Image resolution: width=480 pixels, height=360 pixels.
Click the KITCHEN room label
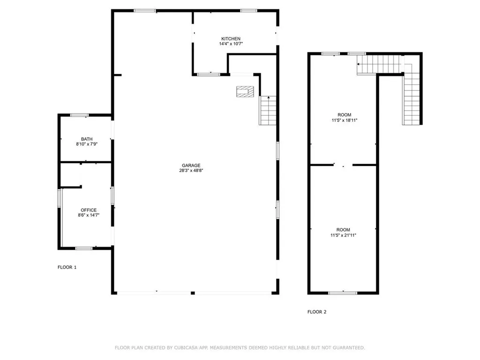click(x=231, y=39)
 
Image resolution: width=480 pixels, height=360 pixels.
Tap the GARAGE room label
click(x=191, y=165)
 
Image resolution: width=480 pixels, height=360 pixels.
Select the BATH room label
click(x=87, y=139)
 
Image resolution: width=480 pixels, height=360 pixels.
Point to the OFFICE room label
click(x=89, y=210)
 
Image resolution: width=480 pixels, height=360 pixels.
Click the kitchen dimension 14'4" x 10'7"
click(x=231, y=44)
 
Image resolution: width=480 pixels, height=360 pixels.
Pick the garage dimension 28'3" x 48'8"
click(x=191, y=171)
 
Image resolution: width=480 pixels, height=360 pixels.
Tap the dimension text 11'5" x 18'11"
click(x=345, y=120)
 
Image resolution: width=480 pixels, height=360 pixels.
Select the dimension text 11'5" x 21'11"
click(x=343, y=235)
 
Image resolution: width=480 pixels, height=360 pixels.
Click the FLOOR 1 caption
click(x=67, y=267)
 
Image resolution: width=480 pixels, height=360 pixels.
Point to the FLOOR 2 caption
click(x=317, y=312)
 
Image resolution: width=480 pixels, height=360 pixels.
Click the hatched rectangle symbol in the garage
click(x=245, y=92)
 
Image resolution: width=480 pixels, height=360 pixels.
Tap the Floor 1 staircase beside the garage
click(x=268, y=111)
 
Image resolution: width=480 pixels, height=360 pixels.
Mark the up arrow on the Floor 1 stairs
click(x=269, y=97)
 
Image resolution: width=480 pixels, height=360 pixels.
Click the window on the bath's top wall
click(x=79, y=115)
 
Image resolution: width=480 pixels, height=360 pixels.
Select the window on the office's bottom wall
click(x=84, y=248)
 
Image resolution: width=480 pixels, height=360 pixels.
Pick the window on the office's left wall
click(x=60, y=198)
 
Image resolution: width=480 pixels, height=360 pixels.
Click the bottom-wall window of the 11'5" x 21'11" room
click(x=343, y=293)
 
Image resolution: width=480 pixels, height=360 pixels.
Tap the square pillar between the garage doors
click(x=193, y=293)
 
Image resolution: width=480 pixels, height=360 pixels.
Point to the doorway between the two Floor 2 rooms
click(x=343, y=165)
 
